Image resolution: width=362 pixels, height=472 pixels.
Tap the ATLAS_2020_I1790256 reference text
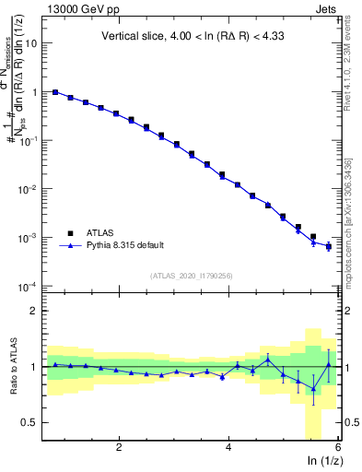[191, 276]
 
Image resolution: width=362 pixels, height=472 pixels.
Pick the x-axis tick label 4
[228, 447]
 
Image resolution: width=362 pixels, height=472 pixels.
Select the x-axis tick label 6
[338, 447]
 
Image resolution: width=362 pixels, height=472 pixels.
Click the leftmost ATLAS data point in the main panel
[55, 92]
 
